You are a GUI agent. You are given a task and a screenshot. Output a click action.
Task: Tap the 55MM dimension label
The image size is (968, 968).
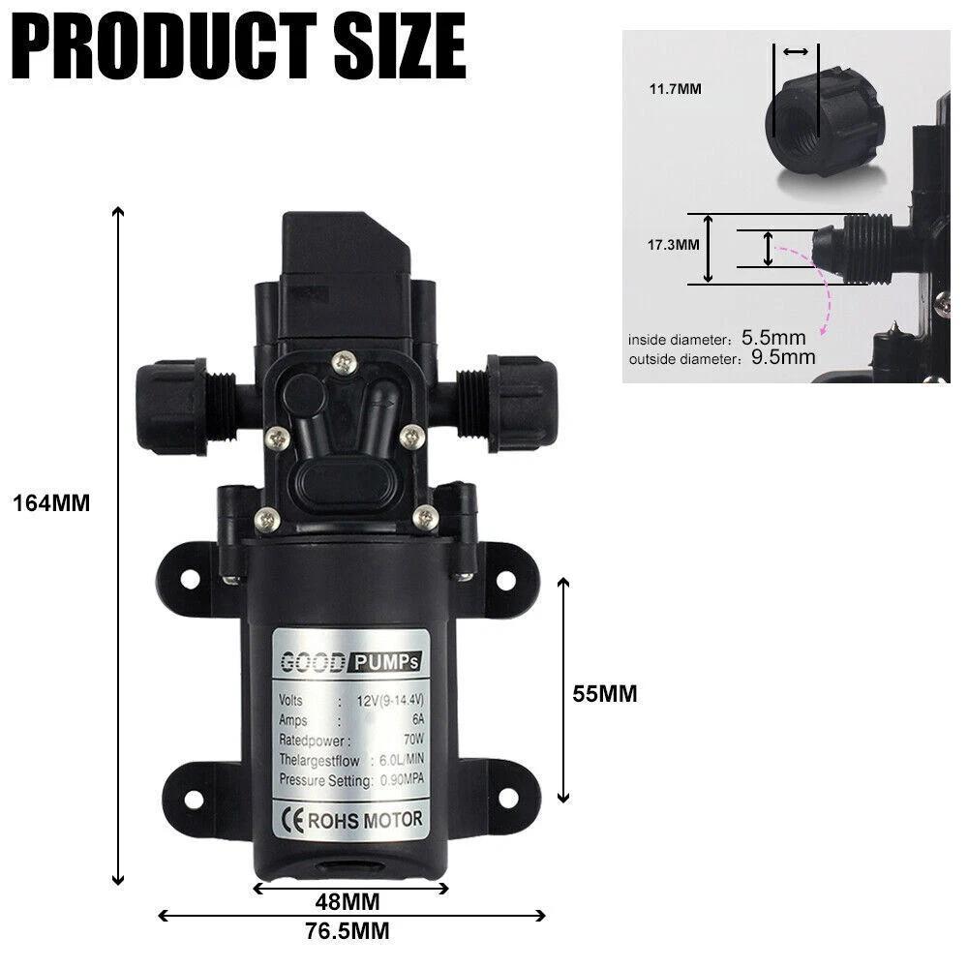pos(605,694)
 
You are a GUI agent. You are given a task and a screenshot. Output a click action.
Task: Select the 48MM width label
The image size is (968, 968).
pos(347,902)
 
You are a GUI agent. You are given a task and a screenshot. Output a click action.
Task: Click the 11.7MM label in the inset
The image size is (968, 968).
pos(675,89)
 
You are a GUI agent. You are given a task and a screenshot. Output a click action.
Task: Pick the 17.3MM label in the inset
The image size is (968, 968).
pos(673,245)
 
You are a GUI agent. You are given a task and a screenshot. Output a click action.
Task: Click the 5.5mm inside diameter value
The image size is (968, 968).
pos(773,339)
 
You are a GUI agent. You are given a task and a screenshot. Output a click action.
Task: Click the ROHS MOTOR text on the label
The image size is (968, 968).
pos(365,820)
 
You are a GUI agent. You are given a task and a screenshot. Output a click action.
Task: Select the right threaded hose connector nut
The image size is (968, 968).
pos(523,402)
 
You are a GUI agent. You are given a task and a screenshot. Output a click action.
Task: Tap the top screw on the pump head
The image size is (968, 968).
pos(345,365)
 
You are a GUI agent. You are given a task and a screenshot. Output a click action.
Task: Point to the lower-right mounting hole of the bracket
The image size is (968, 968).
pos(505,799)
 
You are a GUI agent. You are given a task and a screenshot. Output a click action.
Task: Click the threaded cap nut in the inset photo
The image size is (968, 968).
pos(810,120)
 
